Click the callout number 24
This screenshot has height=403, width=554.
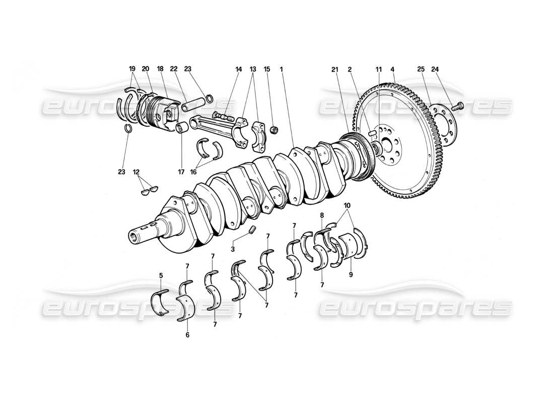pos(435,69)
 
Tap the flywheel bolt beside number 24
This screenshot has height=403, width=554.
pos(458,106)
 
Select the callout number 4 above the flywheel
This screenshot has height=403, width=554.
pos(392,69)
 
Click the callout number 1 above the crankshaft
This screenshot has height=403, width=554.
pos(282,69)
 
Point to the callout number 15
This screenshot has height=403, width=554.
pos(267,69)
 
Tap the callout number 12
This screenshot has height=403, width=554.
pos(135,172)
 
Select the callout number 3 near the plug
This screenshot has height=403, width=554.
pos(233,249)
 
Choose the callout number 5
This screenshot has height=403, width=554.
pos(161,276)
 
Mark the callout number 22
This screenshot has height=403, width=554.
pos(174,69)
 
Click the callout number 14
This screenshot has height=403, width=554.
pos(239,69)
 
